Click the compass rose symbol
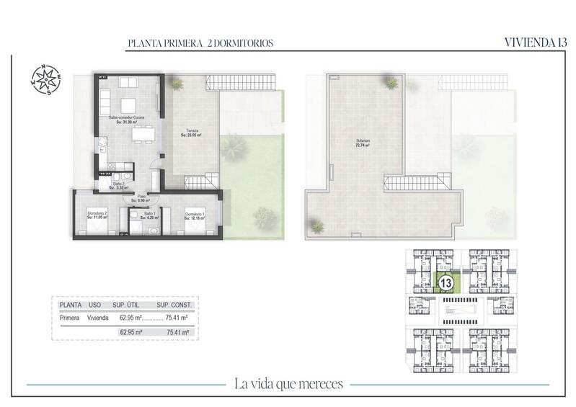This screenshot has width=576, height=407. pyautogui.click(x=45, y=80)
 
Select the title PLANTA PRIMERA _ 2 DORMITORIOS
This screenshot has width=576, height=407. pyautogui.click(x=200, y=44)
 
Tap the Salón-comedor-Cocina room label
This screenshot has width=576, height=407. pyautogui.click(x=127, y=120)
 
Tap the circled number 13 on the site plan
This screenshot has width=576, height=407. pyautogui.click(x=446, y=283)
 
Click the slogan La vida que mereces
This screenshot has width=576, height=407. pyautogui.click(x=288, y=383)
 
